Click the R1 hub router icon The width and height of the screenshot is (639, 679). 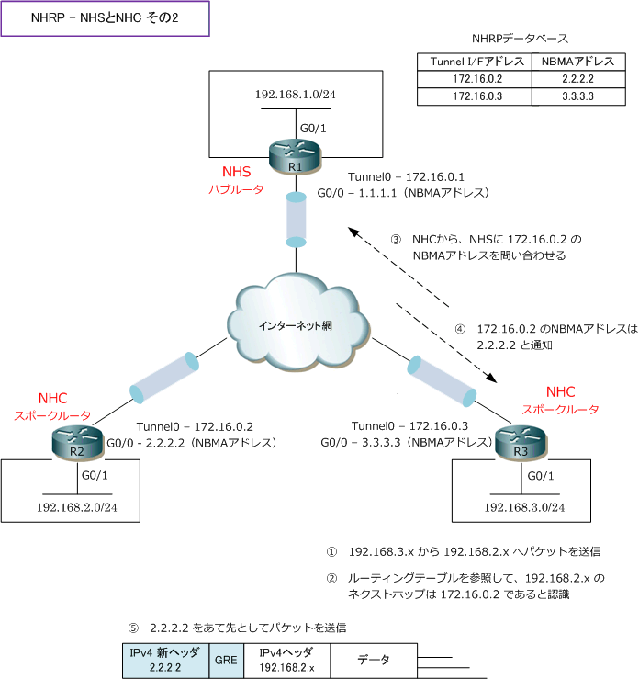(295, 159)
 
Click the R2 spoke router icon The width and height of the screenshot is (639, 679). (76, 445)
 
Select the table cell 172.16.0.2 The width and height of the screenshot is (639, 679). (476, 79)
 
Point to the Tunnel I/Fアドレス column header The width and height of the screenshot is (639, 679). (476, 62)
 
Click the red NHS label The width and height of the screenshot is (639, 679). (236, 172)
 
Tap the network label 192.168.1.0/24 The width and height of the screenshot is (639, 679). (295, 95)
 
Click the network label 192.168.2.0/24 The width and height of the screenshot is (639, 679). (76, 506)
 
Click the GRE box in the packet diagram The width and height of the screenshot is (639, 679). (226, 660)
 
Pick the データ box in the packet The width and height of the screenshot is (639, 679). (373, 660)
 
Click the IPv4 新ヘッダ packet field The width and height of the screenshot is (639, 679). (166, 660)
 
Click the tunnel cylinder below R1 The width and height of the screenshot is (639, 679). (296, 218)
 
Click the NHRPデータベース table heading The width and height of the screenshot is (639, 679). (519, 39)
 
